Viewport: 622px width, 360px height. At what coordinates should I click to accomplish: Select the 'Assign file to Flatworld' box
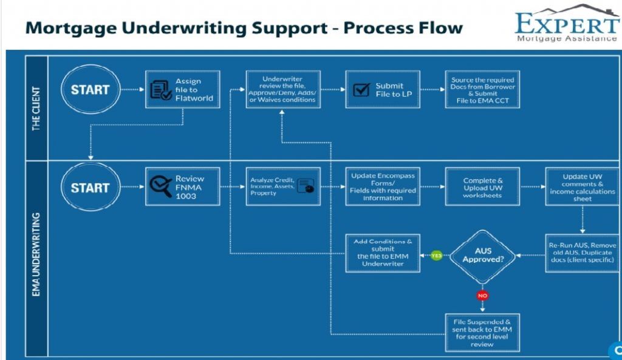(x=183, y=89)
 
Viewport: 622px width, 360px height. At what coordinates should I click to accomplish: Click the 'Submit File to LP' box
(x=383, y=89)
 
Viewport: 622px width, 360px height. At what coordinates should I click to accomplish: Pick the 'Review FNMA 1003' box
(x=183, y=187)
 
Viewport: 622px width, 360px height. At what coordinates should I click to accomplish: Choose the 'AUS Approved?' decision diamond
(x=483, y=255)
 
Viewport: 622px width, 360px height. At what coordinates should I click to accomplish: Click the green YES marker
(x=436, y=256)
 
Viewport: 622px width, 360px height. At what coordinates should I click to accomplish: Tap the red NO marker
(x=484, y=296)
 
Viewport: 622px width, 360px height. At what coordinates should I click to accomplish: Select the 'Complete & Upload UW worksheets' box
(x=483, y=187)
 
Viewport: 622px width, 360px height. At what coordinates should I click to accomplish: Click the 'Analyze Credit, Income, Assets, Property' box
(x=282, y=187)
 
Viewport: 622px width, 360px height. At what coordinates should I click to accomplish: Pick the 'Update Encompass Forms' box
(x=383, y=187)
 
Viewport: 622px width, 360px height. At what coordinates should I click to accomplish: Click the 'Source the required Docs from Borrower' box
(x=482, y=89)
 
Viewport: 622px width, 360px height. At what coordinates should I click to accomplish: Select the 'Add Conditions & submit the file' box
(x=383, y=253)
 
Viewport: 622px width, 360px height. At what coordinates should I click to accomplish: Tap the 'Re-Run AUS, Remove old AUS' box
(x=582, y=253)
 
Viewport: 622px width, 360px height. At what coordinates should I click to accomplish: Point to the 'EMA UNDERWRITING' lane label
(x=36, y=254)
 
